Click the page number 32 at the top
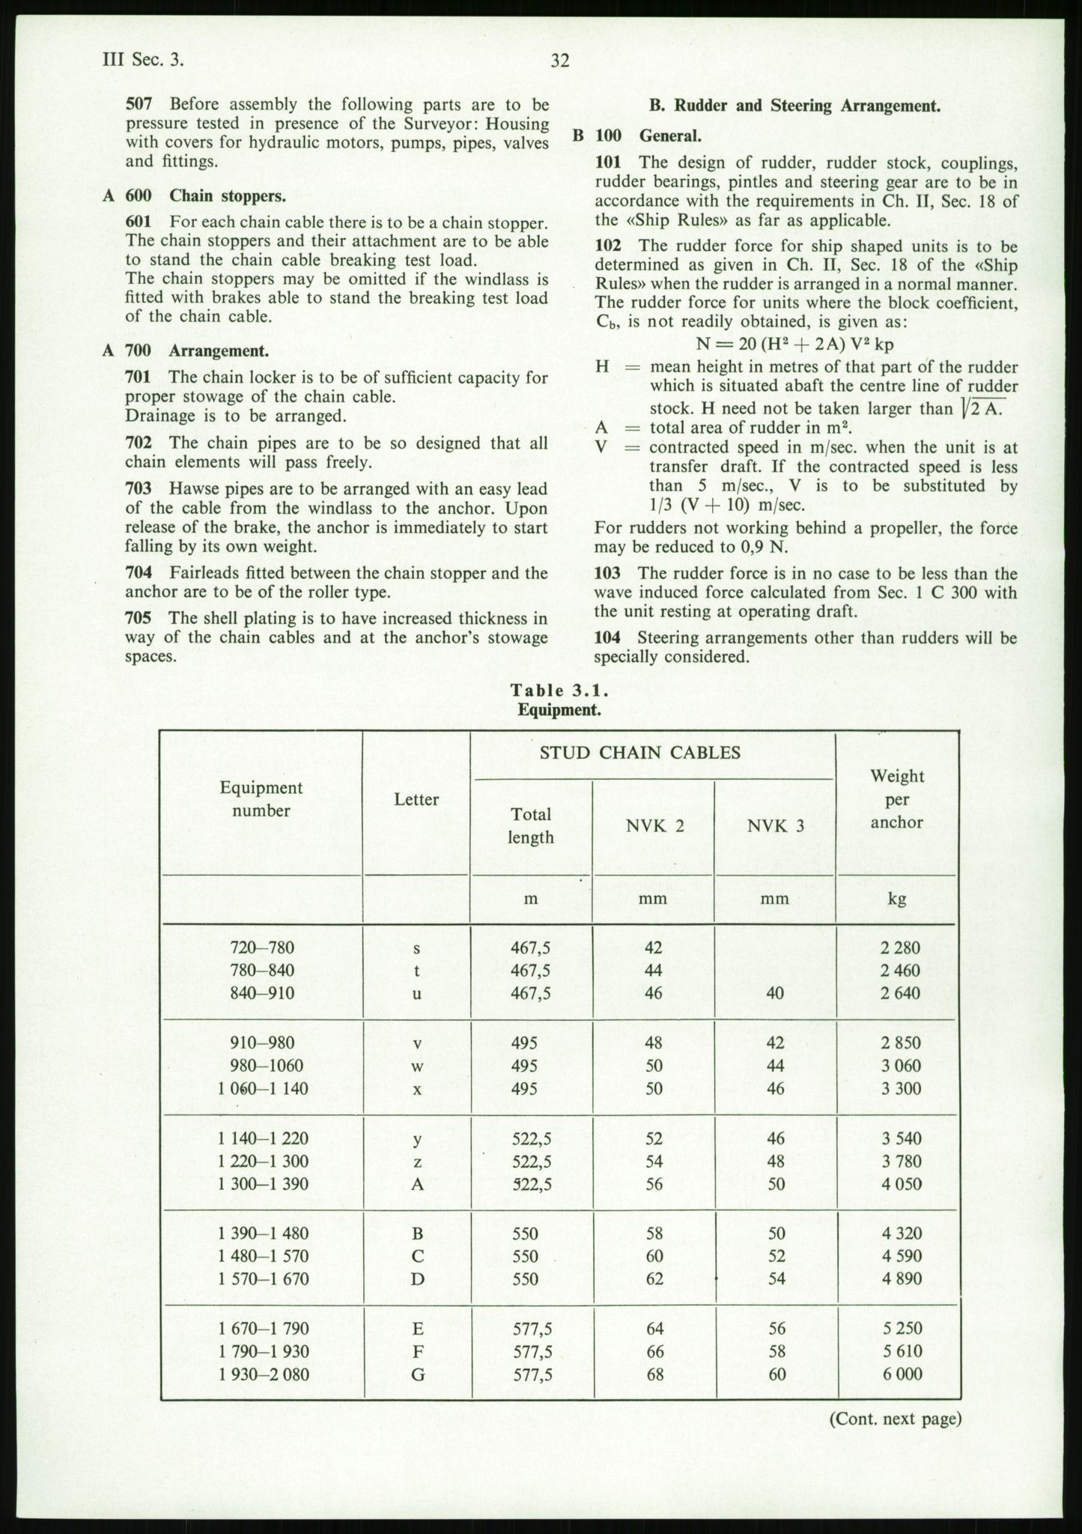tap(560, 61)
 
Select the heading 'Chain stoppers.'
tap(228, 196)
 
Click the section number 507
tap(140, 104)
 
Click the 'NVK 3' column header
tap(776, 825)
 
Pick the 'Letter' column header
tap(416, 800)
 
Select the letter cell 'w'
tap(417, 1066)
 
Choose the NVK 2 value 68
tap(654, 1374)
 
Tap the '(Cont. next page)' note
tap(894, 1418)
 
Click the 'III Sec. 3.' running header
tap(142, 61)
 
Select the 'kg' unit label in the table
tap(897, 899)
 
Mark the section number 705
tap(140, 618)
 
